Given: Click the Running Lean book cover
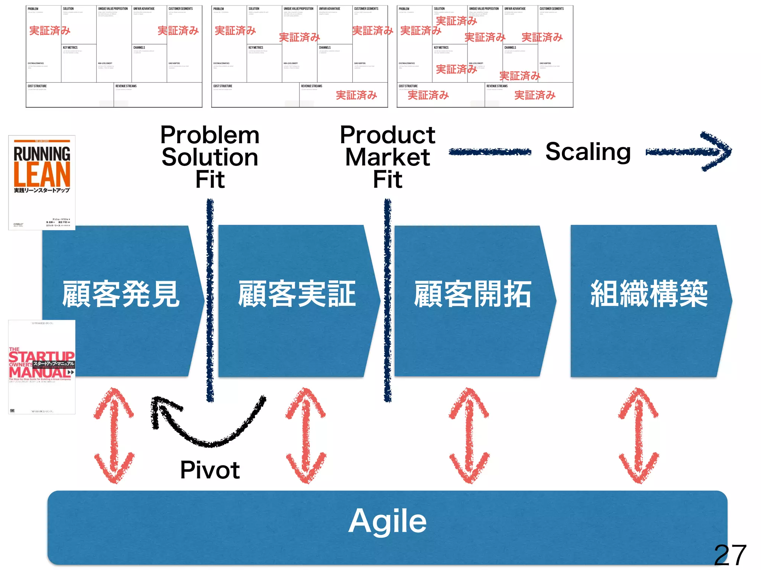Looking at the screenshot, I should coord(42,183).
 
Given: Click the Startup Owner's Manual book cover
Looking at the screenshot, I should coord(42,367).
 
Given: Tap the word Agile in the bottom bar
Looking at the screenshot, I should coord(387,521).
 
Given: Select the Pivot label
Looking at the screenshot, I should coord(210,470).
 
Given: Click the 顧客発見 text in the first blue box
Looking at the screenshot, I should coord(121,294).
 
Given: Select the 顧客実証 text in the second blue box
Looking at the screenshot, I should coord(297,294).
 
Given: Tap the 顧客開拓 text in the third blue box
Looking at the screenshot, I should coord(473,294).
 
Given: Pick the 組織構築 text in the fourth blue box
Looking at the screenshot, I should coord(649,294).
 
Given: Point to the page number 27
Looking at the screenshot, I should coord(730,555).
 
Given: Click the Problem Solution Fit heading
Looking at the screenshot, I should coord(210,157).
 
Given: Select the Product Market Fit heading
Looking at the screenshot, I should coord(387,157).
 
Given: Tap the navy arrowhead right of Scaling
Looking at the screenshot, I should coord(715,151).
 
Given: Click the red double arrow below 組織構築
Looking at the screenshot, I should coord(638,435).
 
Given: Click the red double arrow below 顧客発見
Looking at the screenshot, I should coord(114,435).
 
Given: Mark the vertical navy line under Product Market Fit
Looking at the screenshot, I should coord(388,301).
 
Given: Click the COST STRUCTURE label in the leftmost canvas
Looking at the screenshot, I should coord(37,86).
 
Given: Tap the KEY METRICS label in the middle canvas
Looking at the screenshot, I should coord(256,47).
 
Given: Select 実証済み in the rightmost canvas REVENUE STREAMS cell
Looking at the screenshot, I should coord(535,95).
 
